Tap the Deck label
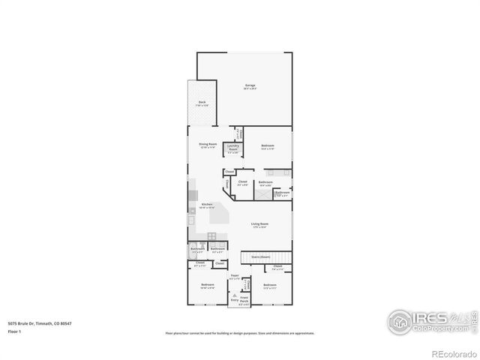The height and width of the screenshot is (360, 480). [x=202, y=103]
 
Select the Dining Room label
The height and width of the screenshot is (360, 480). [x=208, y=145]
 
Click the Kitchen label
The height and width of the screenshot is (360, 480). [x=208, y=205]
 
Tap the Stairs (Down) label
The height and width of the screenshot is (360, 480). [x=260, y=256]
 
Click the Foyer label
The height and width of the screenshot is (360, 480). [x=235, y=277]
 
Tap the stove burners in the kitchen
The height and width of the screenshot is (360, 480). [x=212, y=237]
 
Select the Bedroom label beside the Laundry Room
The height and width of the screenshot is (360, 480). [x=268, y=146]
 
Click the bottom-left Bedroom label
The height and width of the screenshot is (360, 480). [x=208, y=286]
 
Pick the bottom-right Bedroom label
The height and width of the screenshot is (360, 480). [x=270, y=286]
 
